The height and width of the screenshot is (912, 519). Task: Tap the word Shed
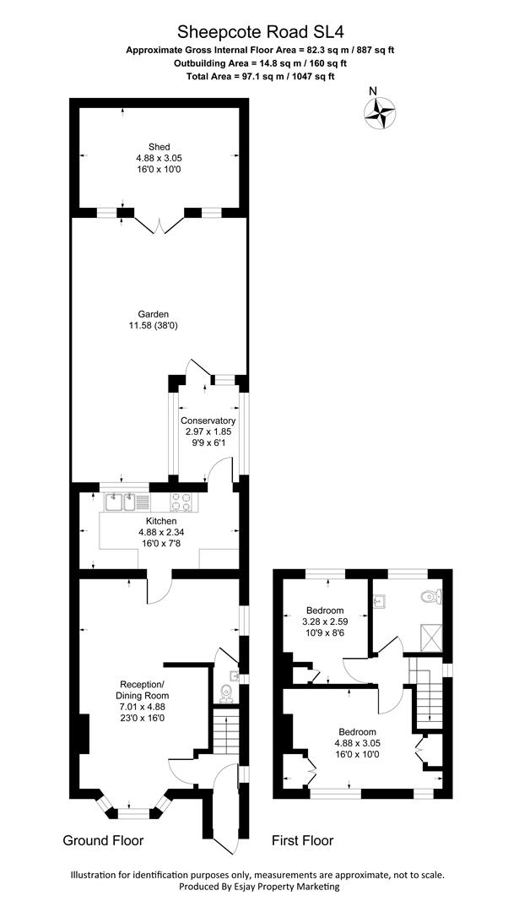(x=159, y=147)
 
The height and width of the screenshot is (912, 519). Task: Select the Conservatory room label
(x=208, y=421)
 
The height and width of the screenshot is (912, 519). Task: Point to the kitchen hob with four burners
(x=181, y=502)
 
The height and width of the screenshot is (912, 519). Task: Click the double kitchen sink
(x=122, y=502)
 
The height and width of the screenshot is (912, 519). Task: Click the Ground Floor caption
(x=103, y=840)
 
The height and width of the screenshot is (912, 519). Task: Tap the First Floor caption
(x=302, y=840)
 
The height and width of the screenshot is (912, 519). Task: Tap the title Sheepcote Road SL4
(x=260, y=31)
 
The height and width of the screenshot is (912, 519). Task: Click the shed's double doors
(x=159, y=224)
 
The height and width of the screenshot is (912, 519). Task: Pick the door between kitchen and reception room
(x=159, y=589)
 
